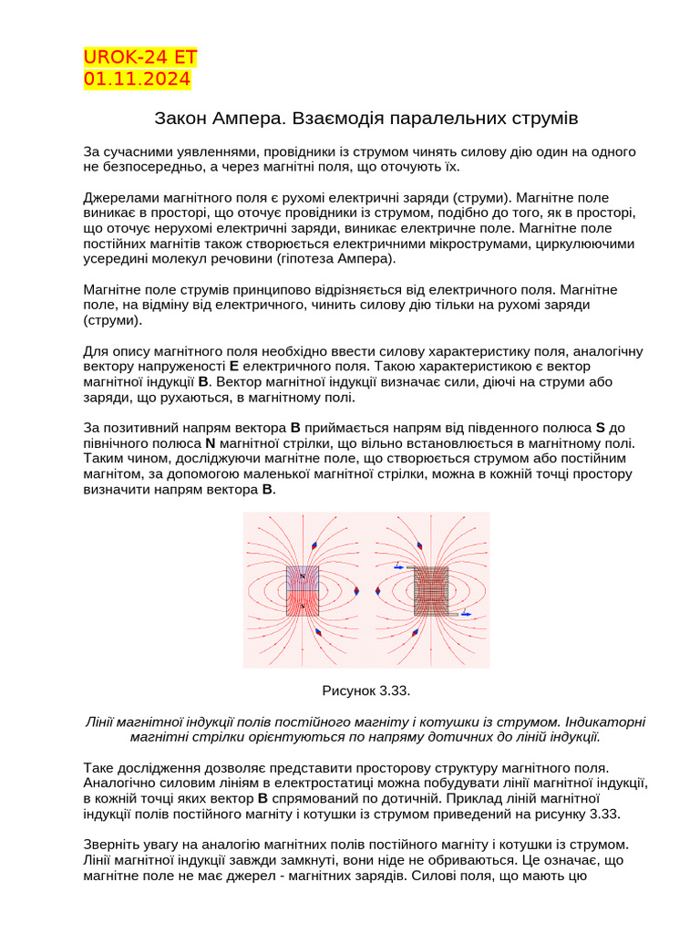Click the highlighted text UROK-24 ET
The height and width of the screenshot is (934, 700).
(x=140, y=58)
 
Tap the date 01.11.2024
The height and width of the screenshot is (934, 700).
(x=137, y=79)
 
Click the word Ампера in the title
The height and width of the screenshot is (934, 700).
(x=242, y=119)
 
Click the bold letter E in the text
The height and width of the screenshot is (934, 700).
(x=234, y=367)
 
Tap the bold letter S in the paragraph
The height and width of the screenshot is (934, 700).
(x=601, y=428)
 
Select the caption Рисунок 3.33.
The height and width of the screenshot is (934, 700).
(x=360, y=690)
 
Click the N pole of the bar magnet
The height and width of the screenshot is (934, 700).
(x=303, y=577)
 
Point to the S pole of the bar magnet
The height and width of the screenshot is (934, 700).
(x=303, y=603)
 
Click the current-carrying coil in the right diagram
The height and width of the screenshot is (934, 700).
(x=432, y=591)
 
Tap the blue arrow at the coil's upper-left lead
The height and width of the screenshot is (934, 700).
(x=398, y=567)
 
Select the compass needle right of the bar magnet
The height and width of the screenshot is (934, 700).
(x=356, y=591)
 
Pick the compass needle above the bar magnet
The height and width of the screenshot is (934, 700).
(x=314, y=545)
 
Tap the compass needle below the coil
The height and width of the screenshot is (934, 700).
(x=416, y=632)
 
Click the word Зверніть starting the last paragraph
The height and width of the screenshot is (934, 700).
(x=113, y=846)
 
